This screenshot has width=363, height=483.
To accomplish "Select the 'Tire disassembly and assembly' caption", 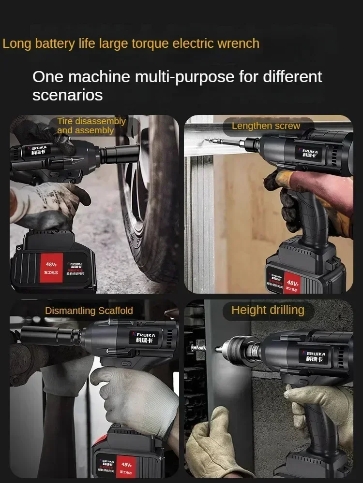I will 91,126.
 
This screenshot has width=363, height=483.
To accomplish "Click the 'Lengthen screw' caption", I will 266,126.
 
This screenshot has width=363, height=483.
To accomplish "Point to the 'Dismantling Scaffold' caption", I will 89,311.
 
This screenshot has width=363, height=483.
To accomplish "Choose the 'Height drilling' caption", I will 268,310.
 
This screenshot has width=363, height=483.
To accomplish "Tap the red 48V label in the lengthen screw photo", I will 292,283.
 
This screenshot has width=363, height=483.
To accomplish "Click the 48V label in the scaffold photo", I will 127,465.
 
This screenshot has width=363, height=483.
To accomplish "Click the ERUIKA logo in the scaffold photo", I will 143,339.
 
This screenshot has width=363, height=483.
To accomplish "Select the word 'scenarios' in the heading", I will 68,95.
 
